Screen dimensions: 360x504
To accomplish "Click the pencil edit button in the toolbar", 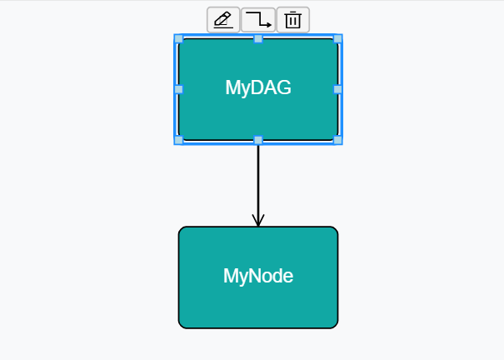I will pyautogui.click(x=223, y=19).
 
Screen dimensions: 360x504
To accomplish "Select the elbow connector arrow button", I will pyautogui.click(x=258, y=19).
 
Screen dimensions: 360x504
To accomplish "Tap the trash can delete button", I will pyautogui.click(x=292, y=19).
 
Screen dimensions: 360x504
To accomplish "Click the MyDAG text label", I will pyautogui.click(x=258, y=87).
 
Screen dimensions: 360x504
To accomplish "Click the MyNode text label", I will pyautogui.click(x=258, y=276).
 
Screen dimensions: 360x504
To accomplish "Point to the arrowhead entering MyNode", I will pyautogui.click(x=258, y=220).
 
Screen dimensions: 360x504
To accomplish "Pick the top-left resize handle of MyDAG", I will pyautogui.click(x=178, y=38).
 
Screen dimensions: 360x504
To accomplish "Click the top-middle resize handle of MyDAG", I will pyautogui.click(x=258, y=38).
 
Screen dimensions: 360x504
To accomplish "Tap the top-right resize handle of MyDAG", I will pyautogui.click(x=338, y=38).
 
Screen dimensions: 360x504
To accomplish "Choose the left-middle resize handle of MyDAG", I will pyautogui.click(x=178, y=89).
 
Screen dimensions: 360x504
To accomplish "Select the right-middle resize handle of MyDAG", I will pyautogui.click(x=338, y=89).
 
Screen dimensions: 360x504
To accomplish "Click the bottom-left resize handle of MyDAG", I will pyautogui.click(x=178, y=140).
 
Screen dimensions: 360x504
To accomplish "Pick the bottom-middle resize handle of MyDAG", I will pyautogui.click(x=258, y=140).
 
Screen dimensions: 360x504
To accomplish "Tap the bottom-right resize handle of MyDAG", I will pyautogui.click(x=338, y=140).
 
